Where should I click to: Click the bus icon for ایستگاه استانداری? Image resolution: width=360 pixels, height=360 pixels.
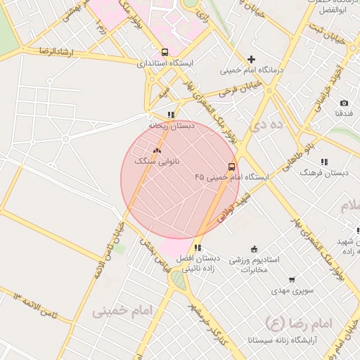pyautogui.click(x=165, y=52)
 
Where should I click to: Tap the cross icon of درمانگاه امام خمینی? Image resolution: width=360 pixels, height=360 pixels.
pyautogui.click(x=251, y=59)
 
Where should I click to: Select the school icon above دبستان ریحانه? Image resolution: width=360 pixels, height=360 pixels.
pyautogui.click(x=171, y=115)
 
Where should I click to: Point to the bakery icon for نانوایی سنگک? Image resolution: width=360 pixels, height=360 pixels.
pyautogui.click(x=157, y=150)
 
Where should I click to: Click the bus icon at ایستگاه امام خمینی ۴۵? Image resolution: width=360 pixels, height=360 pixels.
pyautogui.click(x=232, y=167)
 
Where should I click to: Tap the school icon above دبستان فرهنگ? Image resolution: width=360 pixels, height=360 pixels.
pyautogui.click(x=324, y=162)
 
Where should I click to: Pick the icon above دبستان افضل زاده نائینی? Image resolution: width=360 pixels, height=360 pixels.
pyautogui.click(x=198, y=247)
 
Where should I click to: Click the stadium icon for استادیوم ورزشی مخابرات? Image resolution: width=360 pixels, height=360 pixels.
pyautogui.click(x=255, y=248)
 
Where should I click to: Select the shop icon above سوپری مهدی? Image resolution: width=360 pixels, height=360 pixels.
pyautogui.click(x=291, y=279)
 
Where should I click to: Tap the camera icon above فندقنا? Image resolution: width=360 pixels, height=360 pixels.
pyautogui.click(x=344, y=103)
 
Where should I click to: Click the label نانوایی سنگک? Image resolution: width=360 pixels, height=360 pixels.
pyautogui.click(x=157, y=162)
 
